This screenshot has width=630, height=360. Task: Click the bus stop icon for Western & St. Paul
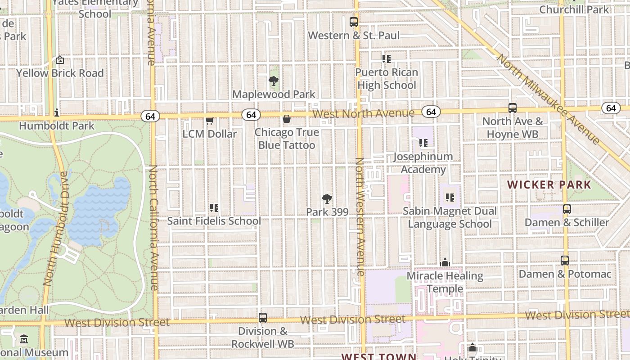tap(354, 22)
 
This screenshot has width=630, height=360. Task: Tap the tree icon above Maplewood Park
tap(273, 81)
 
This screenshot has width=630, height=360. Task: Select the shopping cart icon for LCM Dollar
tap(209, 121)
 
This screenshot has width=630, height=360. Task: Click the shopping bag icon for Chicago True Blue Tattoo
tap(286, 119)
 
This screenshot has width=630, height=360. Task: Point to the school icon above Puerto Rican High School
tap(386, 58)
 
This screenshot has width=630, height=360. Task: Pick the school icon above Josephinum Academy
tap(423, 143)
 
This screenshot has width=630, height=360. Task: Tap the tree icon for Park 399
tap(327, 198)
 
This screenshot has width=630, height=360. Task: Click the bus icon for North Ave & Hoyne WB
tap(512, 108)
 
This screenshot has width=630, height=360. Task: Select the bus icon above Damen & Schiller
tap(567, 209)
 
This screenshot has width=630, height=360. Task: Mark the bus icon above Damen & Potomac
tap(564, 261)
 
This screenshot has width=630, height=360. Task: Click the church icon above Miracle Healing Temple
tap(445, 262)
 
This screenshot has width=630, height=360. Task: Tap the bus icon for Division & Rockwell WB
tap(263, 318)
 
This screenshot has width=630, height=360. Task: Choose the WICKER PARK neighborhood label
tap(549, 184)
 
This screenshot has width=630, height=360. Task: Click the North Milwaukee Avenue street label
tap(548, 99)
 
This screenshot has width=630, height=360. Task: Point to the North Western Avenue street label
tap(360, 217)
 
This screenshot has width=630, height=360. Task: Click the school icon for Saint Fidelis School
tap(214, 208)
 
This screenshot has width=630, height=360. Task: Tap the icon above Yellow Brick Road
tap(59, 60)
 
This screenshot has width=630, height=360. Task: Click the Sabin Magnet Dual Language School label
tap(450, 217)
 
